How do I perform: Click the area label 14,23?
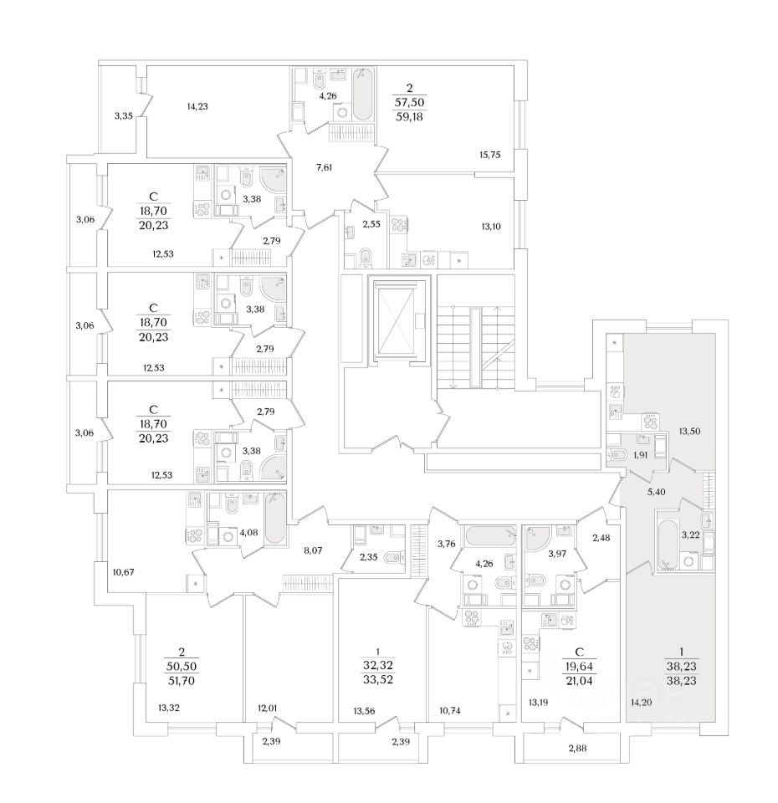197,106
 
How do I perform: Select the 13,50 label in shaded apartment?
689,432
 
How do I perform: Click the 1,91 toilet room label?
642,455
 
